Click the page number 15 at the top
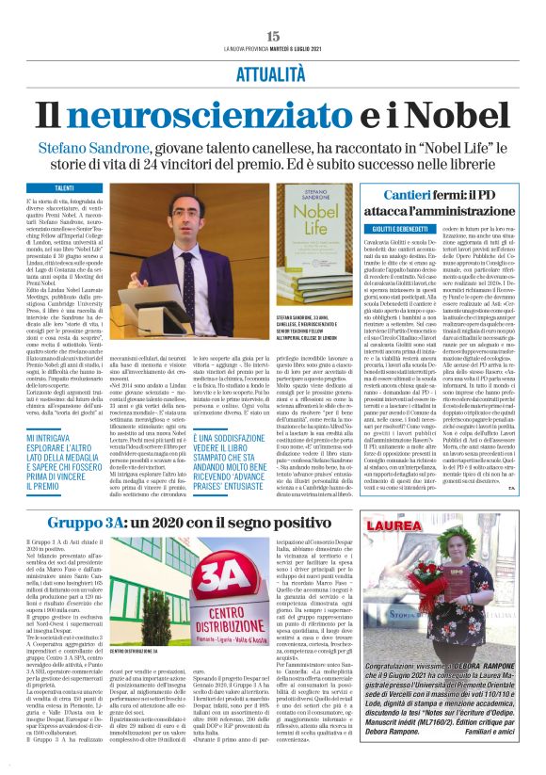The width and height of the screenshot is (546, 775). point(273,35)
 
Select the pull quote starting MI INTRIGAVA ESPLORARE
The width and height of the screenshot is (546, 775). point(65,460)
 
